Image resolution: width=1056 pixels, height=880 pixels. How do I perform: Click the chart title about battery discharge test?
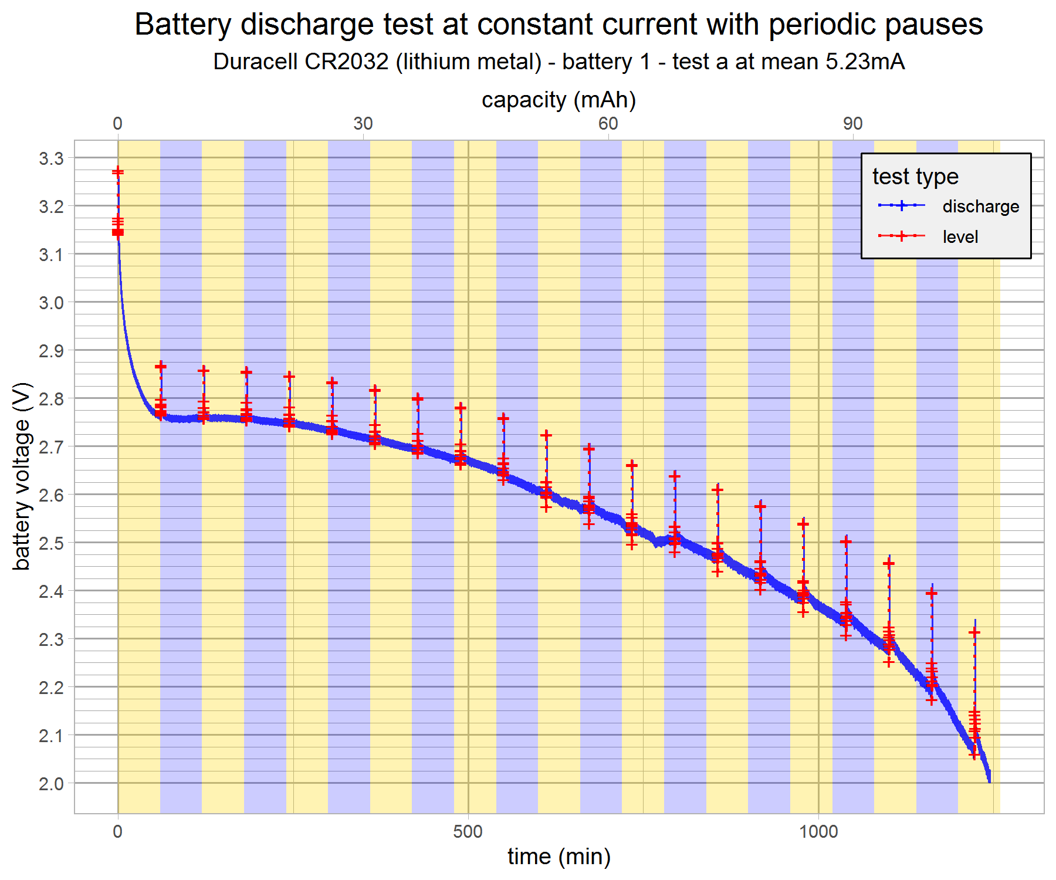559,25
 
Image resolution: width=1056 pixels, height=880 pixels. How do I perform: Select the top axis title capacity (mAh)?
559,100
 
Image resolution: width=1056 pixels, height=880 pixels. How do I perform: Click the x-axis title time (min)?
559,857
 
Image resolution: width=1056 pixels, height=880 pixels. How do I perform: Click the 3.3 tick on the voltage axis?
51,158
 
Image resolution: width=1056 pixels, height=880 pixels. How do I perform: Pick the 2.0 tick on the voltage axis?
51,783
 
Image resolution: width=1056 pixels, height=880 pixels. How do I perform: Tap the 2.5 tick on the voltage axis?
51,543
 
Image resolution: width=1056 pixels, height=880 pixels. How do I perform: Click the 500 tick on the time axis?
468,831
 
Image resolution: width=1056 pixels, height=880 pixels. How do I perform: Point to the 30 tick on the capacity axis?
363,123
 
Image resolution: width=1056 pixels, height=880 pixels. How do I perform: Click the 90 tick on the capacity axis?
853,123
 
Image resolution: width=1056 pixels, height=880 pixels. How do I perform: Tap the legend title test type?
915,176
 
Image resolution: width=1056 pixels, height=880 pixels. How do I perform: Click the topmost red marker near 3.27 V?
118,171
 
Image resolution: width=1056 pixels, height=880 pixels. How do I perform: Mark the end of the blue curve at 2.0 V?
989,781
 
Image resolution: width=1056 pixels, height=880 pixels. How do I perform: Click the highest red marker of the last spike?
974,632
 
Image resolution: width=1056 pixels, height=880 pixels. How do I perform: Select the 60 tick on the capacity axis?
608,123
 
